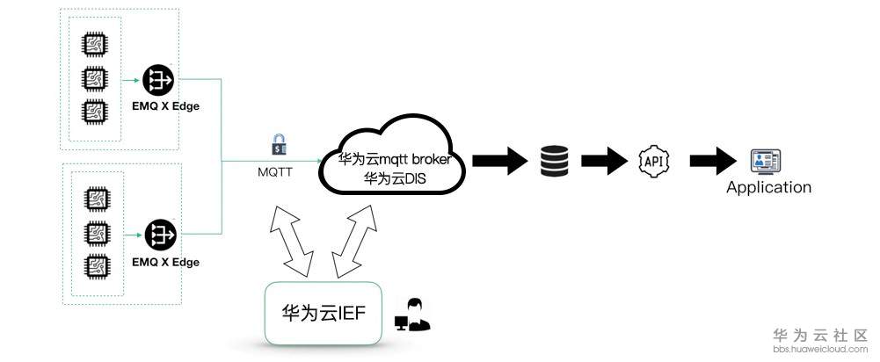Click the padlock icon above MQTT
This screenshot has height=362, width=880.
279,145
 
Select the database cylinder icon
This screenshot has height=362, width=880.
555,161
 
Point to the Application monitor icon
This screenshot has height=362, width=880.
766,162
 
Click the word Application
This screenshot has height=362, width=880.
768,187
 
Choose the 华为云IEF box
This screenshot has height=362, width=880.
324,313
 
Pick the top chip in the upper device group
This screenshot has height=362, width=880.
94,46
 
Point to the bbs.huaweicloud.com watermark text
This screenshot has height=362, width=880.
820,349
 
